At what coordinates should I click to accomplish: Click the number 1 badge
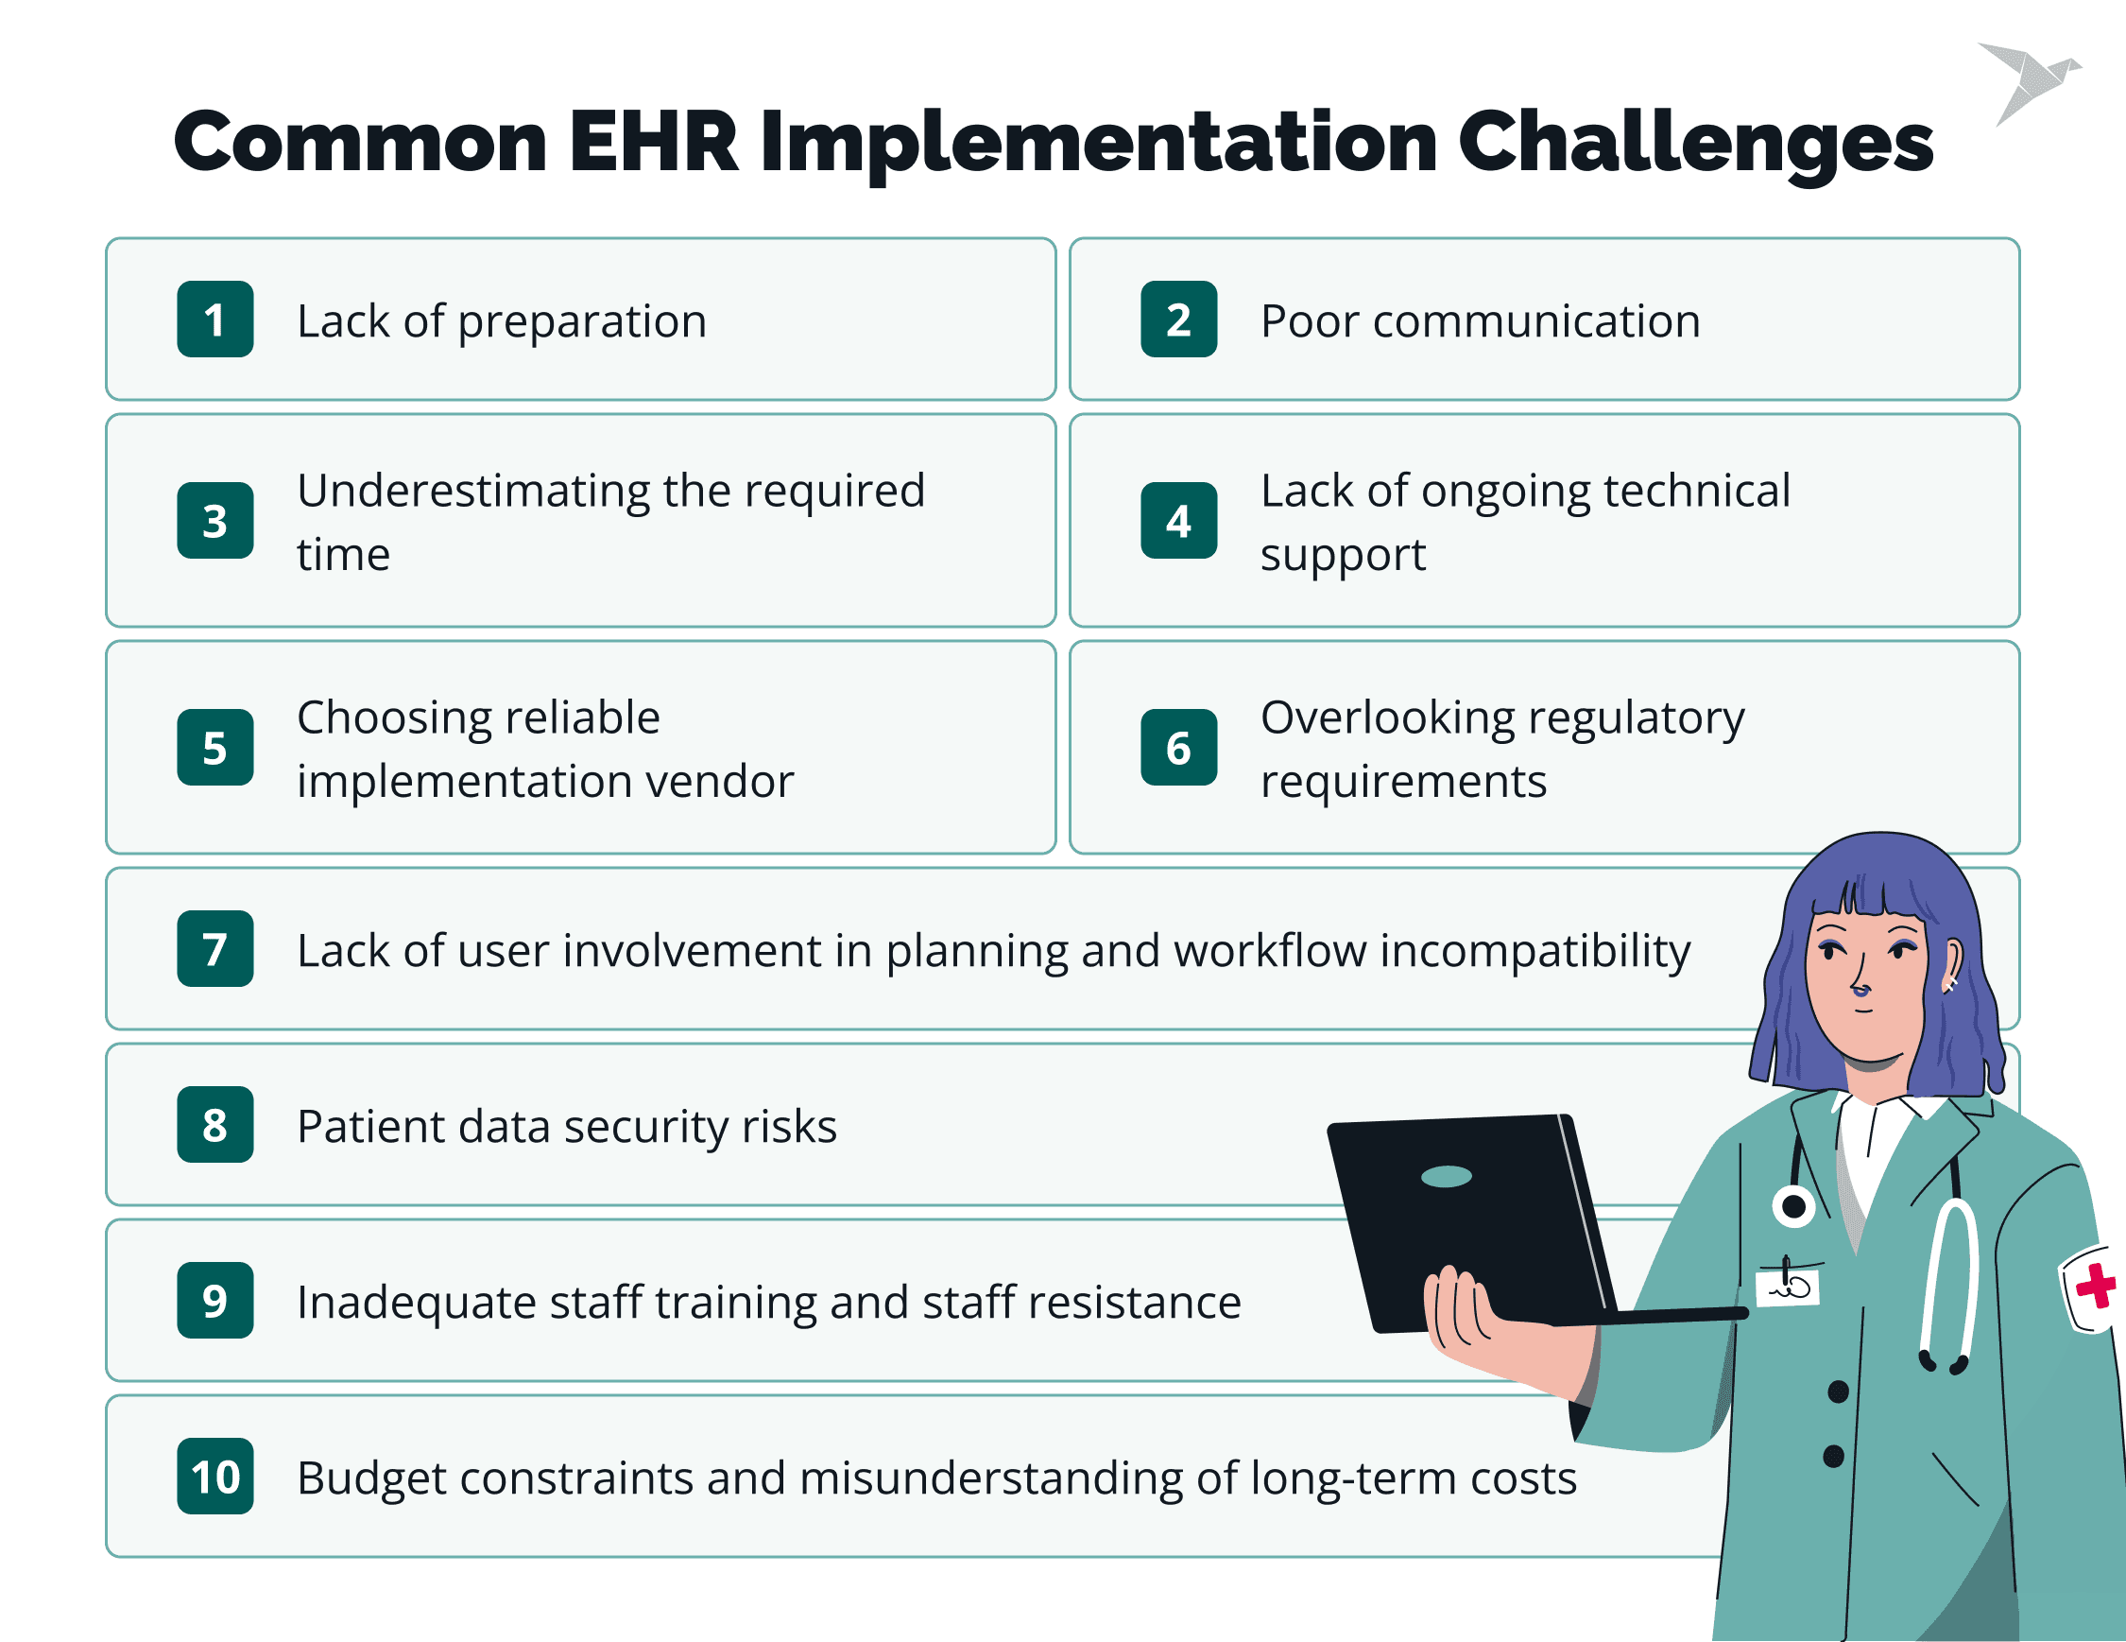click(x=215, y=320)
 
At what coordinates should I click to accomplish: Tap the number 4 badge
click(x=1179, y=520)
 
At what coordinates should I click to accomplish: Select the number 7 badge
click(x=215, y=948)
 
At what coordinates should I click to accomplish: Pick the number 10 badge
click(x=215, y=1476)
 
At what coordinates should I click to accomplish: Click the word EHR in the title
click(x=654, y=142)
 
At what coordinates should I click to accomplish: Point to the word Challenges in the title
click(x=1695, y=144)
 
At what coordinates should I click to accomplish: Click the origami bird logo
click(x=2029, y=82)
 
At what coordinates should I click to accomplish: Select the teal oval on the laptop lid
click(x=1447, y=1177)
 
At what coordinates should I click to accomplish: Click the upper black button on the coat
click(x=1838, y=1391)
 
